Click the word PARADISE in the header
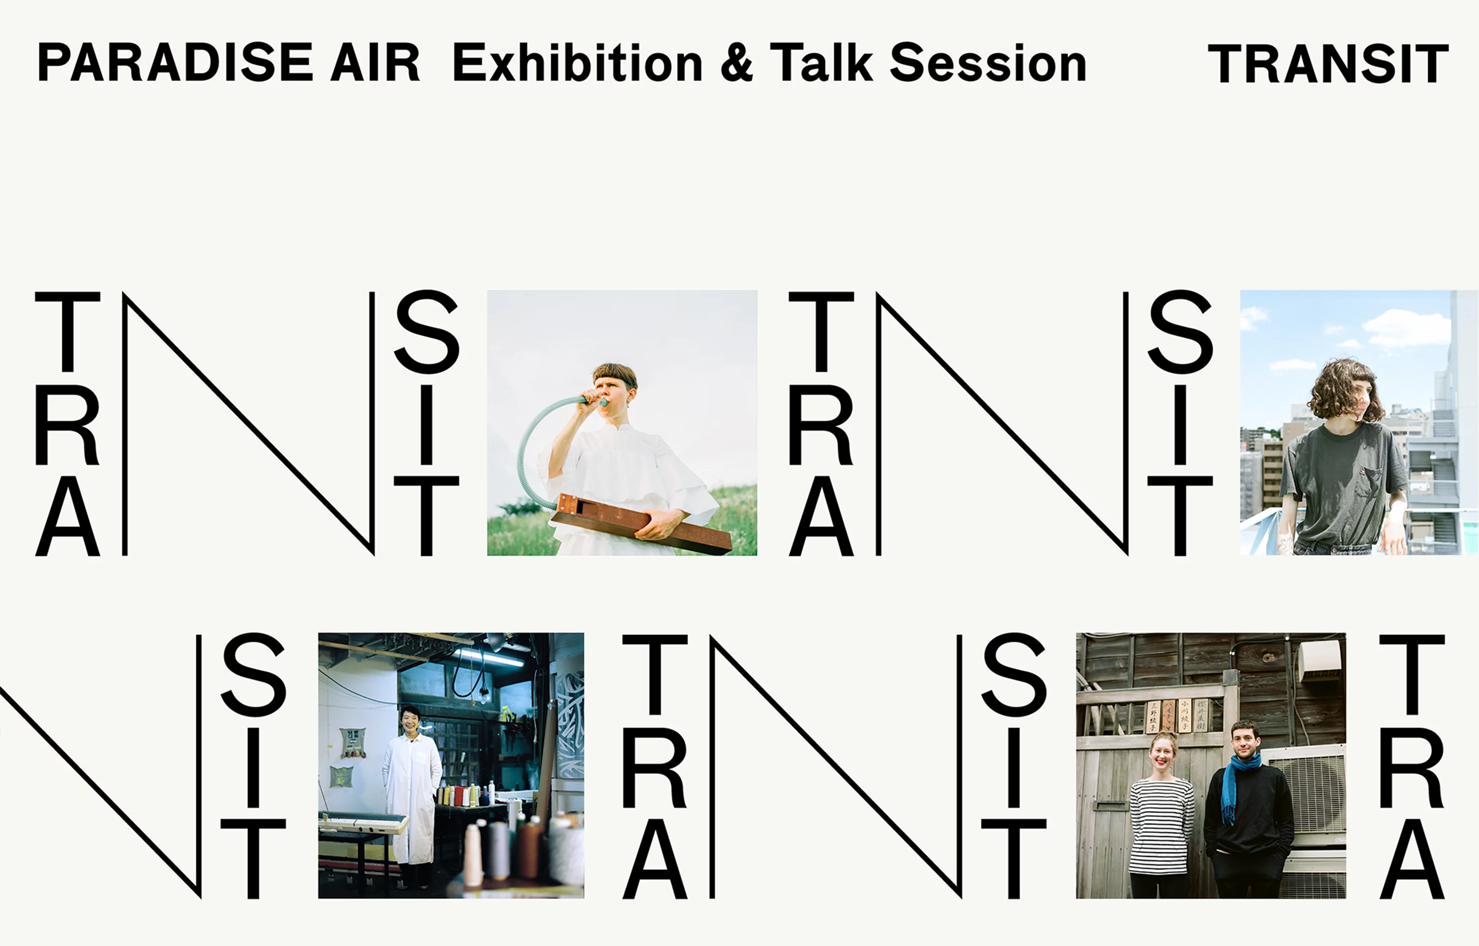pyautogui.click(x=176, y=63)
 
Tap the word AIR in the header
pyautogui.click(x=375, y=63)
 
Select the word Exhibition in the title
pyautogui.click(x=578, y=63)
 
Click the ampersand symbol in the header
pyautogui.click(x=736, y=63)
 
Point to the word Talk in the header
pyautogui.click(x=821, y=63)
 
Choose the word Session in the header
pyautogui.click(x=988, y=63)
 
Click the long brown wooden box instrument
pyautogui.click(x=642, y=522)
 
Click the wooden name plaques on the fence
pyautogui.click(x=1176, y=716)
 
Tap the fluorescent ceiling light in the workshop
pyautogui.click(x=488, y=657)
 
